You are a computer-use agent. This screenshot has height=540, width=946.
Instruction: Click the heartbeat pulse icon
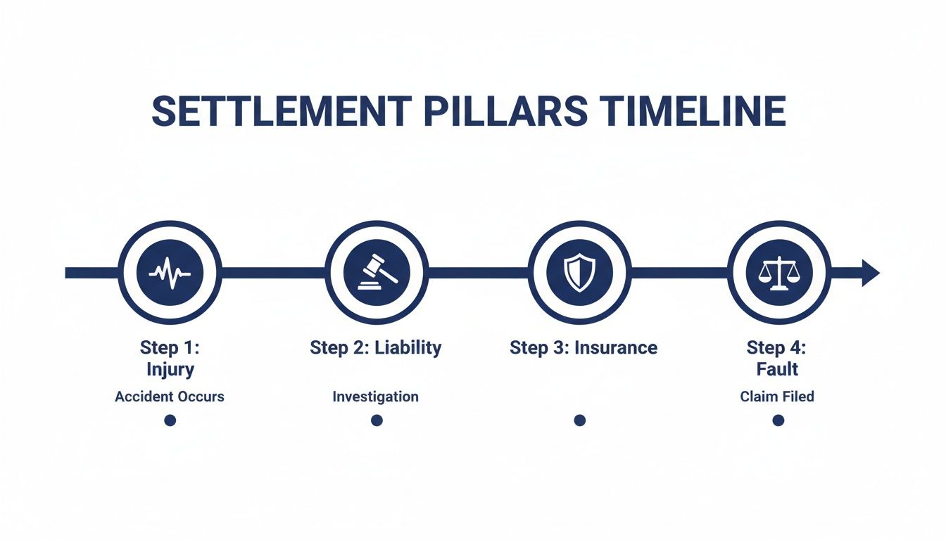pos(170,272)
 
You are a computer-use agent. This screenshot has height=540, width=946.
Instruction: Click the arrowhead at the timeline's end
pos(870,272)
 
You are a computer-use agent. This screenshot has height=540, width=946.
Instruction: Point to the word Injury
pos(170,368)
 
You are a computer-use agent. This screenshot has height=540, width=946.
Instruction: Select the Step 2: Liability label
pos(376,347)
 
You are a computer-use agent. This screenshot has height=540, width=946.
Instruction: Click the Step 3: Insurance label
pos(584,347)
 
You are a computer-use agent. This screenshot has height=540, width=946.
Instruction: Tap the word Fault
pos(778,368)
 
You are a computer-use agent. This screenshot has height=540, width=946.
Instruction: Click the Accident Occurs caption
pos(170,397)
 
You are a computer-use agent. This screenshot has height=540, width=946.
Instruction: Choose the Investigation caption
pos(376,397)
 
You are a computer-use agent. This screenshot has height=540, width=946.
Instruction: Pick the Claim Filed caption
pos(777,397)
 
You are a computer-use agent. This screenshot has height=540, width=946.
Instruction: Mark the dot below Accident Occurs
pos(170,420)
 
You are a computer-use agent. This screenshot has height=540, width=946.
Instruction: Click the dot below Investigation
pos(377,420)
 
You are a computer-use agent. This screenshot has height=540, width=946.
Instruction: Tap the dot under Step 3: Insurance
pos(579,420)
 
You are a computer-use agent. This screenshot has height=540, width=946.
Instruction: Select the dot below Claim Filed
pos(778,420)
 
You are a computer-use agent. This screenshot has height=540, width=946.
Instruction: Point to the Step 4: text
pos(778,347)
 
